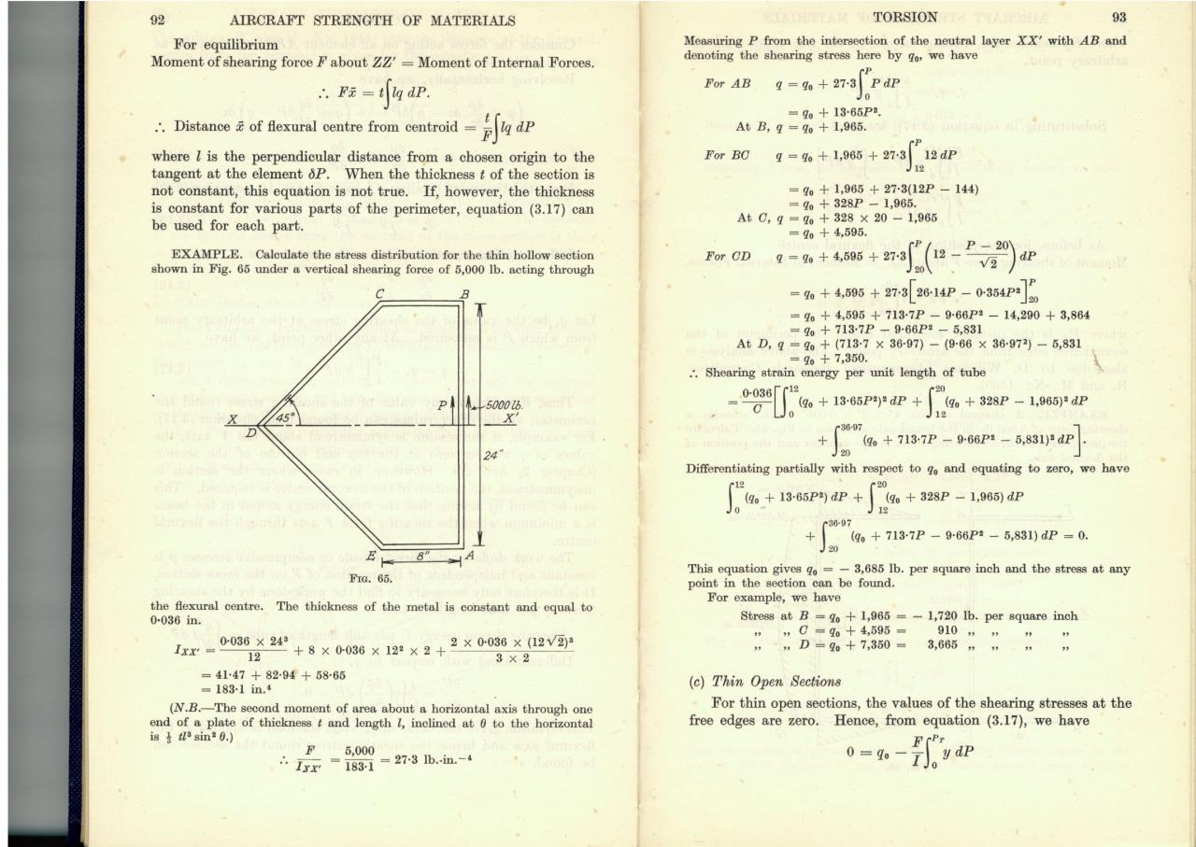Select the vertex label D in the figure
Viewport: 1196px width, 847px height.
(x=249, y=433)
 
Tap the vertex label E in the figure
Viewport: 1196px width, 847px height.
(x=371, y=557)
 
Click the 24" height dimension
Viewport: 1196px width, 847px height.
(x=493, y=456)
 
